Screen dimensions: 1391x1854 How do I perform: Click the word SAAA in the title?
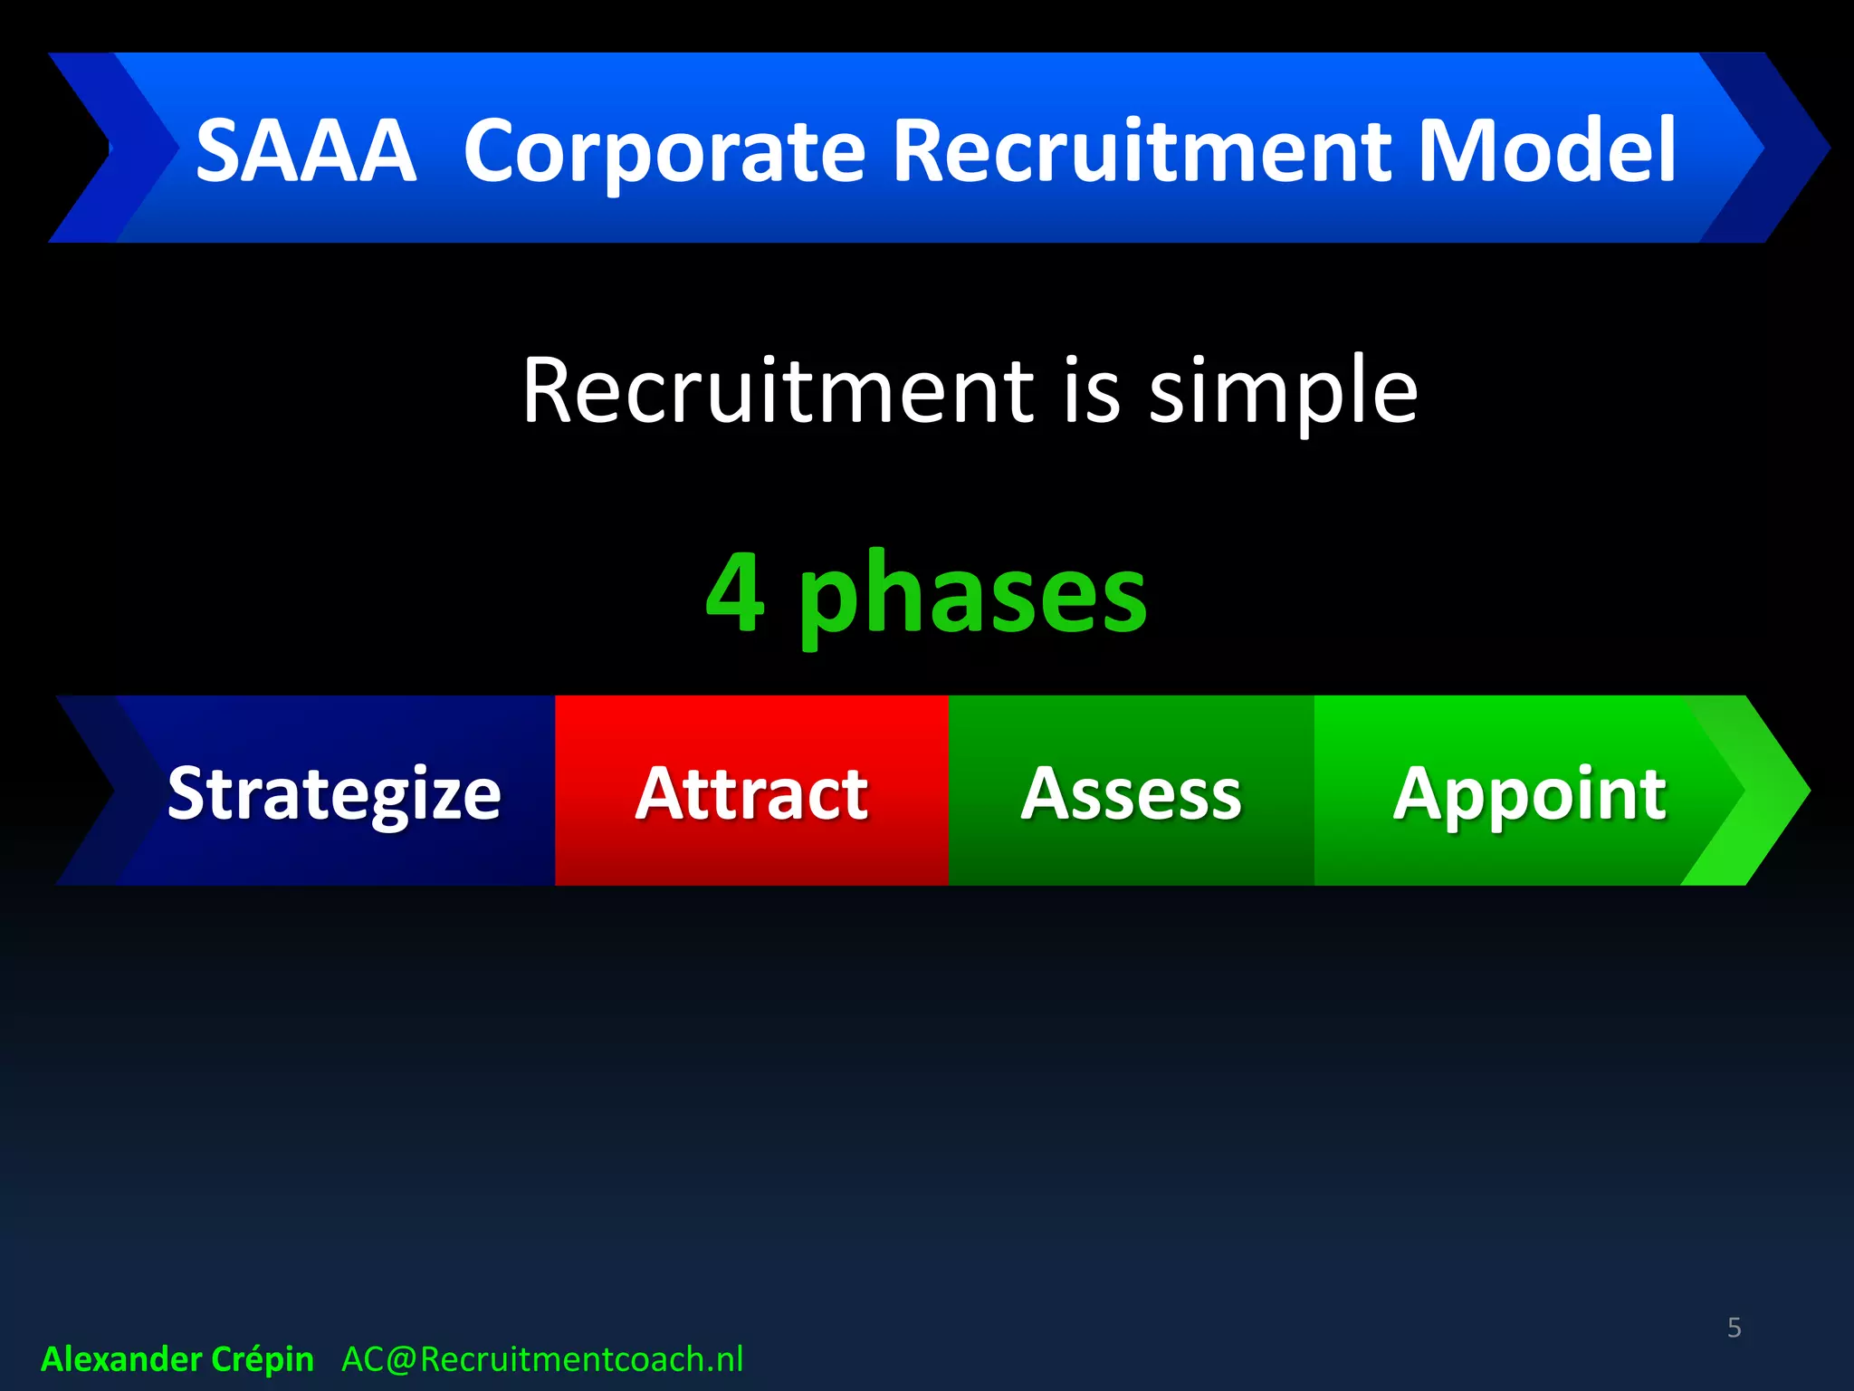(306, 151)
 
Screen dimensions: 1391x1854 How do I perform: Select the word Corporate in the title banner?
(664, 151)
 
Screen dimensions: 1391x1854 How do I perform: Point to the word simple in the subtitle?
(1283, 392)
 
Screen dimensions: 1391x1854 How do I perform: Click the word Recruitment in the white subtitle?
(778, 392)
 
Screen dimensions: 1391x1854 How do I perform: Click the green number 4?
(735, 593)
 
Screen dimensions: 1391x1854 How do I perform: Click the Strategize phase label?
(334, 794)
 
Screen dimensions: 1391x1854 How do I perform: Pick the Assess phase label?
(1131, 794)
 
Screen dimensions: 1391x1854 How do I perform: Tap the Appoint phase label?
(1529, 794)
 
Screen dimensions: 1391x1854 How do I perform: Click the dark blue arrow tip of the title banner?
(1788, 148)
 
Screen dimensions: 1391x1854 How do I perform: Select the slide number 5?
(1734, 1328)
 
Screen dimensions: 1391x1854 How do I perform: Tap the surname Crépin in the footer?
(263, 1359)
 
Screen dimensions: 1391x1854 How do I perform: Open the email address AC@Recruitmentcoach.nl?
(542, 1359)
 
